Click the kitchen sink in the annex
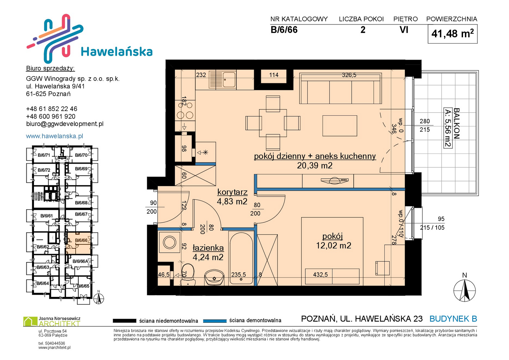coord(223,80)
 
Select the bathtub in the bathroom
coord(241,258)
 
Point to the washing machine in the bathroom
coord(169,242)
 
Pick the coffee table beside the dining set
coord(340,126)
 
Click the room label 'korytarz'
coord(232,192)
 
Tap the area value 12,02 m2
coord(334,245)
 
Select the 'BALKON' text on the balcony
coord(456,123)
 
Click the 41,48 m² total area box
coord(452,34)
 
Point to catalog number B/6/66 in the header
coord(284,30)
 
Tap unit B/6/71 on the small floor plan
coord(44,155)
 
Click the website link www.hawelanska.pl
coord(55,136)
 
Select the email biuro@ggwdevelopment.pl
coord(65,124)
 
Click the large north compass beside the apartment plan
coord(464,290)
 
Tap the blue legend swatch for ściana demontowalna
coord(215,321)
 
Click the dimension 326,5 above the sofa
coord(349,75)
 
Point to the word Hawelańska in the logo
coord(117,52)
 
